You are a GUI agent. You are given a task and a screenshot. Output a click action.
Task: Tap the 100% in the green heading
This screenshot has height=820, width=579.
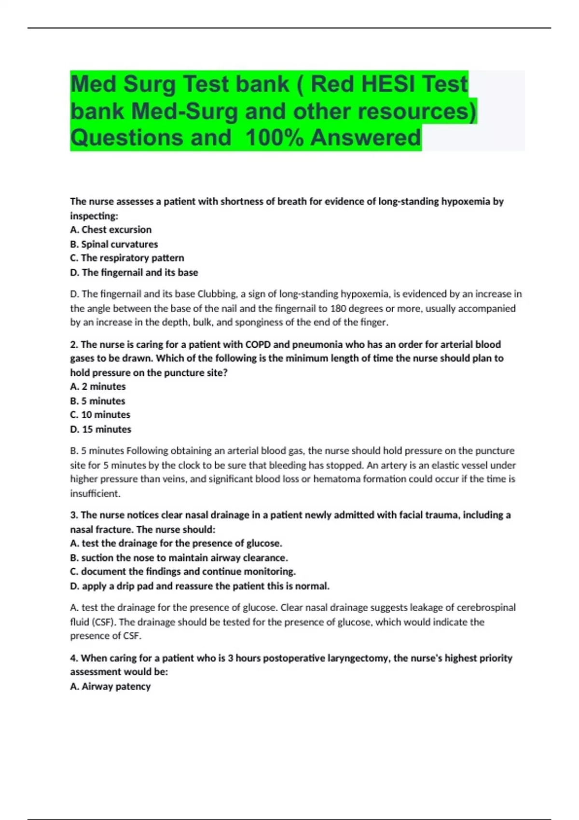coord(274,137)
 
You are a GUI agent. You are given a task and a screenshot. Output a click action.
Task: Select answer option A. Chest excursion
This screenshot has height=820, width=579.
coord(110,230)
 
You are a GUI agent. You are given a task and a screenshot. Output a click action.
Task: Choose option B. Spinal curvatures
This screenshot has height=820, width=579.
coord(114,244)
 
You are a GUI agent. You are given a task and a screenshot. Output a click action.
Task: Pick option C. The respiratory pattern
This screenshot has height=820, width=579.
coord(127,258)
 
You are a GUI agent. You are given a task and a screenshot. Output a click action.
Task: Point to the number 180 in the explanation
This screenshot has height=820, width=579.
coord(338,308)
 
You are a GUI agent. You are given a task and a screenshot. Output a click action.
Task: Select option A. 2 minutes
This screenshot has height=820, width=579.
coord(97,386)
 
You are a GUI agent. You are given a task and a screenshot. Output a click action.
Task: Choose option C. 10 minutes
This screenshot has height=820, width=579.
coord(100,415)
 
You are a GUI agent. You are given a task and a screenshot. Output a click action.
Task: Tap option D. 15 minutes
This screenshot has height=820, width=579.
coord(100,429)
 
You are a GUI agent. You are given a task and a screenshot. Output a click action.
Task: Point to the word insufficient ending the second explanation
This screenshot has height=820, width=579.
coord(95,493)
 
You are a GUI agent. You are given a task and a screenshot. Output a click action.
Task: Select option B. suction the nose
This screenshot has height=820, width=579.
coord(179,558)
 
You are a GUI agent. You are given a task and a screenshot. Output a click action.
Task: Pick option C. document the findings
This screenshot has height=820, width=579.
coord(183,572)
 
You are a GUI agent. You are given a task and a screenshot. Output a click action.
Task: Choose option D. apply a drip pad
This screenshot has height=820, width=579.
coord(200,586)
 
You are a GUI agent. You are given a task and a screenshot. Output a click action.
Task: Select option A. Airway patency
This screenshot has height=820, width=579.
coord(110,686)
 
